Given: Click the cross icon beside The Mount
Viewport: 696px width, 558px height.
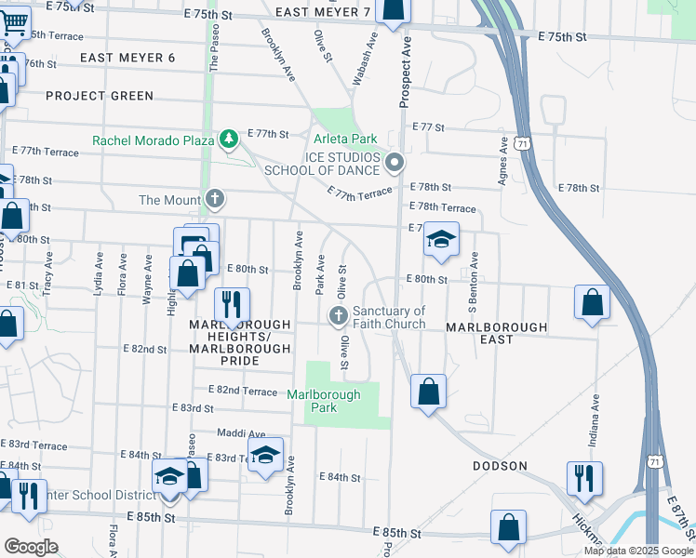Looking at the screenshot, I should coord(215,199).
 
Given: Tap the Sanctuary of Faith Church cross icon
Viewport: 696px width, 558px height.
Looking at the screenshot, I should coord(339,317).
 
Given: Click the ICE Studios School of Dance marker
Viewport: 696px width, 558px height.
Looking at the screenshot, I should coord(395,164).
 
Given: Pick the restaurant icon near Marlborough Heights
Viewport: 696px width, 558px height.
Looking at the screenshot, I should coord(231,304).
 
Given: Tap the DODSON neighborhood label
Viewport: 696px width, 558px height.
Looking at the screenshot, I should coord(500,466).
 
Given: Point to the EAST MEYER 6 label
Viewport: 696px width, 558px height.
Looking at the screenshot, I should coord(127,58).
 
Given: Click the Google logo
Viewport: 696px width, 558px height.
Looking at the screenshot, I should coord(32,547).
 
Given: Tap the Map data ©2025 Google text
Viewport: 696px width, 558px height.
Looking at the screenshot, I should coord(637,551).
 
